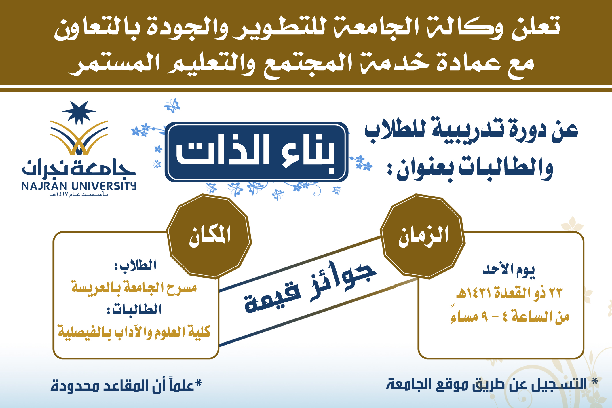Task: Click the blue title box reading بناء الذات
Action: click(x=256, y=152)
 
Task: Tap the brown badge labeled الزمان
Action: click(x=423, y=236)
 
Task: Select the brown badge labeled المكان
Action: click(x=209, y=236)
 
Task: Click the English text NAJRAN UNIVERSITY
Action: click(x=79, y=186)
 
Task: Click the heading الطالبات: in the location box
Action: click(x=134, y=310)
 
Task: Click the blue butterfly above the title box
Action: click(x=172, y=106)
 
